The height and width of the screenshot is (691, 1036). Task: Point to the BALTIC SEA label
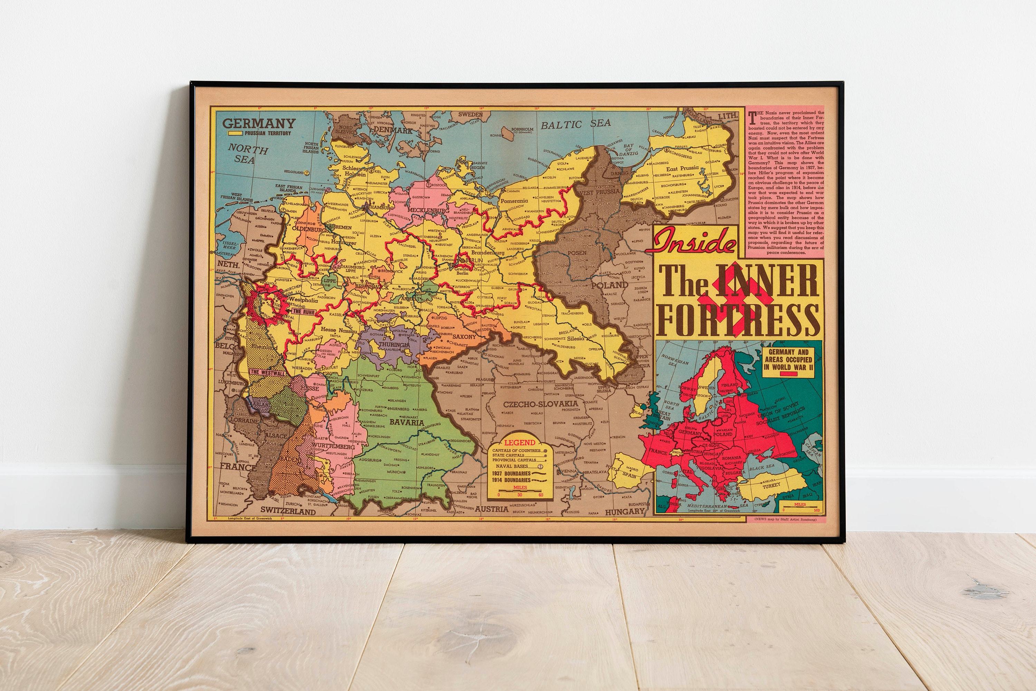pos(576,124)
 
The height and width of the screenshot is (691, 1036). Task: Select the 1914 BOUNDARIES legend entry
pos(513,480)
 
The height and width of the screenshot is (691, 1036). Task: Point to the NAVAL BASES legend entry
pos(511,466)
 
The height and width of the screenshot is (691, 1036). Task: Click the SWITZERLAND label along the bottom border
pos(288,512)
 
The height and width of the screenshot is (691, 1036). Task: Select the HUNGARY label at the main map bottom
pos(625,512)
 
